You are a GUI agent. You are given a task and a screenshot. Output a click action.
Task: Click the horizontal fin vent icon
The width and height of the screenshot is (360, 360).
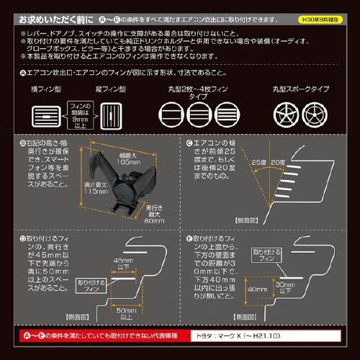click(45, 116)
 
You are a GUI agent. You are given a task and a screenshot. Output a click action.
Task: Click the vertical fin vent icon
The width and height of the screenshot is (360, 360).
click(110, 116)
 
